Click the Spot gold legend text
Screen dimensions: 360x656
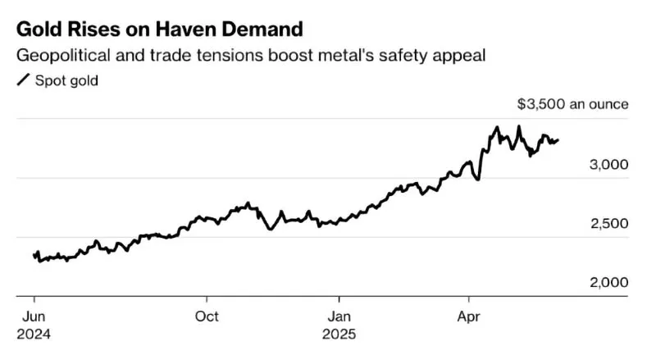(x=66, y=81)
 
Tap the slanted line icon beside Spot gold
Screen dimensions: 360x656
(x=23, y=81)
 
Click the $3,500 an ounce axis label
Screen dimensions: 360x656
(x=572, y=104)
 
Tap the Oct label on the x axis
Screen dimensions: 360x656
(x=207, y=315)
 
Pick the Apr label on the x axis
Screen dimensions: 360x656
(x=468, y=315)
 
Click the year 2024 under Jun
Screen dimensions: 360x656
(x=33, y=335)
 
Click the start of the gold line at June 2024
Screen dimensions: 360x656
(x=34, y=256)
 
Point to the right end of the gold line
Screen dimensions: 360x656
(x=558, y=140)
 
